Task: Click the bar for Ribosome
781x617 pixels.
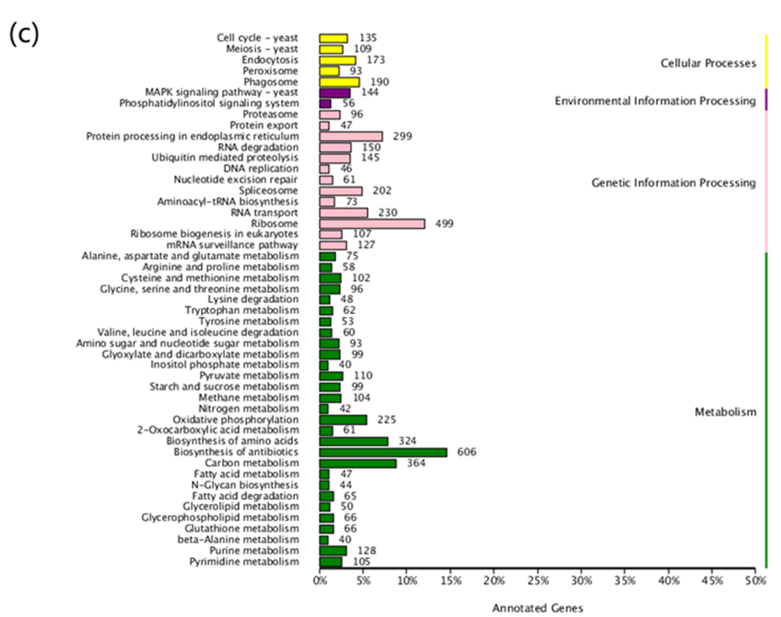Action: tap(372, 224)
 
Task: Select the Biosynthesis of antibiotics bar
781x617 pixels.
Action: tap(383, 452)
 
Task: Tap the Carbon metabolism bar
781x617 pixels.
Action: tap(358, 463)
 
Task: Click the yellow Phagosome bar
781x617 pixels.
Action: tap(339, 82)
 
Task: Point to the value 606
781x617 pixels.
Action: tap(467, 452)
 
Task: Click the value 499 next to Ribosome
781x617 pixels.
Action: tap(444, 224)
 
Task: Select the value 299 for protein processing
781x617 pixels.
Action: tap(403, 136)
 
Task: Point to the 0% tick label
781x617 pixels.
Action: tap(320, 581)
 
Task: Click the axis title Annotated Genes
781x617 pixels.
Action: tap(537, 608)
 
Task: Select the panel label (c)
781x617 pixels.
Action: tap(24, 34)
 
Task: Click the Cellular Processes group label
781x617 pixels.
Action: tap(708, 63)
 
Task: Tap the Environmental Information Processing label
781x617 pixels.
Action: tap(655, 101)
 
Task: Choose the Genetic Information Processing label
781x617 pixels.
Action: tap(673, 183)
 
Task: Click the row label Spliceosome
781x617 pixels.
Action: tap(268, 191)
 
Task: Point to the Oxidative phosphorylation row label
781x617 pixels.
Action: tap(236, 420)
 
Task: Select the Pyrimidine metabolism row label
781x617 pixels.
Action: tap(244, 562)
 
